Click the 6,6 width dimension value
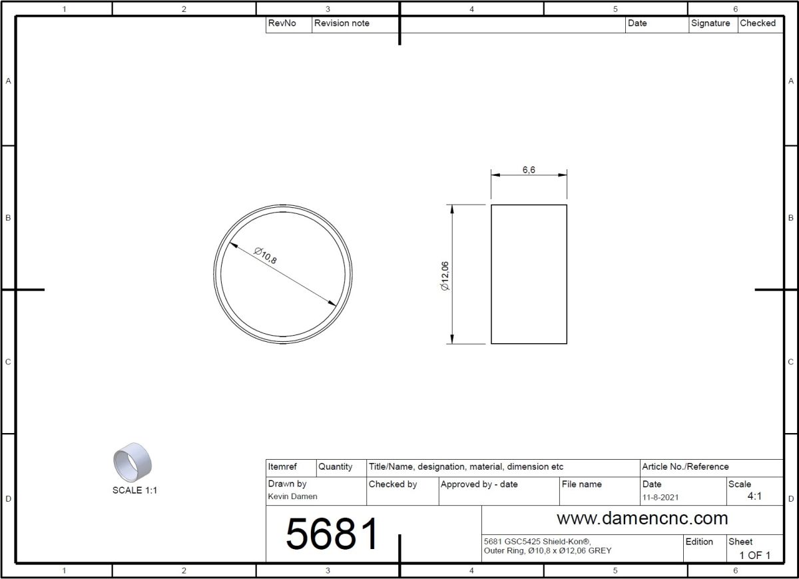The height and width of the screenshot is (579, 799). pyautogui.click(x=529, y=170)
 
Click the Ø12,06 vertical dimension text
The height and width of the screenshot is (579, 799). pyautogui.click(x=445, y=275)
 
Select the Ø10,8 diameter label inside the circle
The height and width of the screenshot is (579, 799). pyautogui.click(x=265, y=255)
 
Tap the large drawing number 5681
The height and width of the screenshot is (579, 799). pyautogui.click(x=332, y=534)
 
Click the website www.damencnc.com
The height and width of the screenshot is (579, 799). pyautogui.click(x=642, y=518)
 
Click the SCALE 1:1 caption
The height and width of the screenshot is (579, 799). pyautogui.click(x=134, y=490)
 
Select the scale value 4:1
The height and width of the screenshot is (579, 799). pyautogui.click(x=754, y=496)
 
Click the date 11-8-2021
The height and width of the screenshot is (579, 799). pyautogui.click(x=661, y=497)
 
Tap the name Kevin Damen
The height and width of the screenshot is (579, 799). pyautogui.click(x=292, y=496)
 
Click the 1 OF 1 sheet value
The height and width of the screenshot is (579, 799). pyautogui.click(x=754, y=555)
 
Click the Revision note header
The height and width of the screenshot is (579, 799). pyautogui.click(x=342, y=23)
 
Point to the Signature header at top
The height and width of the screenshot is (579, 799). pyautogui.click(x=710, y=23)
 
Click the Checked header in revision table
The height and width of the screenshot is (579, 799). pyautogui.click(x=758, y=23)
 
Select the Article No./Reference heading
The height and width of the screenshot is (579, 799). pyautogui.click(x=685, y=466)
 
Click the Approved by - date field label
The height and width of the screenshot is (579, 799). pyautogui.click(x=479, y=484)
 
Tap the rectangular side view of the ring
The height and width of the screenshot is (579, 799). pyautogui.click(x=529, y=274)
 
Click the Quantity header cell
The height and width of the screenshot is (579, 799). pyautogui.click(x=335, y=466)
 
